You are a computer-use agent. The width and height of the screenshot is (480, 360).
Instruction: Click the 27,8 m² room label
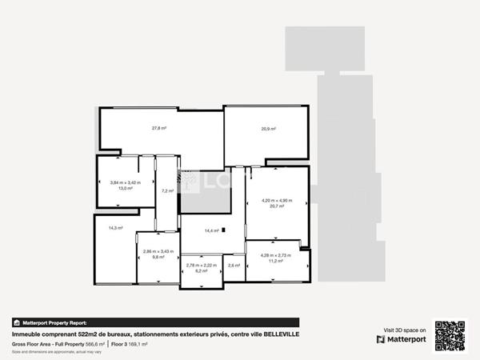[158, 128]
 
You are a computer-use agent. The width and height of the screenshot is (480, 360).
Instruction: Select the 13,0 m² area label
[125, 188]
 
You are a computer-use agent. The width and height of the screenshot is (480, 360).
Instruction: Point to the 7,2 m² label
[167, 191]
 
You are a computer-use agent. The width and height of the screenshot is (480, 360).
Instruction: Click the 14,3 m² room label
[115, 228]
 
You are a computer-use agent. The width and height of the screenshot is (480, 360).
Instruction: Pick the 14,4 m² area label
[211, 230]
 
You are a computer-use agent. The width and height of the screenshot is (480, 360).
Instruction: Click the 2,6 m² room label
[234, 265]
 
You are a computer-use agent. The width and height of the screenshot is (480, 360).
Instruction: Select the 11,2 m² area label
[277, 261]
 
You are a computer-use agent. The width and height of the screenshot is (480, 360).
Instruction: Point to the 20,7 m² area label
[277, 206]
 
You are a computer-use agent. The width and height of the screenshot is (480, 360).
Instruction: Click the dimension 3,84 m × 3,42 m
[125, 182]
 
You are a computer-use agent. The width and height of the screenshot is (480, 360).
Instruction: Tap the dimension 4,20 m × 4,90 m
[277, 201]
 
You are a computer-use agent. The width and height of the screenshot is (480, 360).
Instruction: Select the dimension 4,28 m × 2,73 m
[277, 255]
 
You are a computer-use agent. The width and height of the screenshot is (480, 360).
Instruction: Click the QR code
[450, 335]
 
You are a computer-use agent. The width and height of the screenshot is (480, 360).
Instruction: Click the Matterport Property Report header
[55, 322]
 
